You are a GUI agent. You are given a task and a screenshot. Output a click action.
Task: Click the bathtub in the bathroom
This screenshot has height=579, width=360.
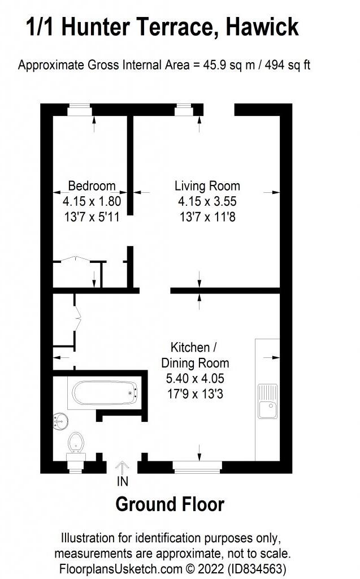[x=104, y=393]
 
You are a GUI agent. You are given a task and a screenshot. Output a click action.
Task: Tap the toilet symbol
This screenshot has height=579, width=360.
[x=75, y=444]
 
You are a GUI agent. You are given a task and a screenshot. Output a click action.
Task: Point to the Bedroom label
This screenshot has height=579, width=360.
[x=92, y=185]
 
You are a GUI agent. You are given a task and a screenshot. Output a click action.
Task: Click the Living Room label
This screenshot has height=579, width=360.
[x=207, y=185]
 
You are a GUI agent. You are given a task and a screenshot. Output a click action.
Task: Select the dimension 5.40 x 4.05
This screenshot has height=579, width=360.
[x=195, y=379]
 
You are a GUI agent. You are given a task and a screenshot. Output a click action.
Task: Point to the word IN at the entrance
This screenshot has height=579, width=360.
[x=123, y=482]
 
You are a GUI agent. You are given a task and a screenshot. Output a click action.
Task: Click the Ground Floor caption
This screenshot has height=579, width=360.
[x=170, y=504]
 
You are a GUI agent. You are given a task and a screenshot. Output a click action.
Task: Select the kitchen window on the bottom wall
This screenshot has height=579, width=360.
[x=197, y=466]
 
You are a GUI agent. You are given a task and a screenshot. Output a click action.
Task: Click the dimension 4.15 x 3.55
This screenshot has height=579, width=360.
[x=207, y=201]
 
